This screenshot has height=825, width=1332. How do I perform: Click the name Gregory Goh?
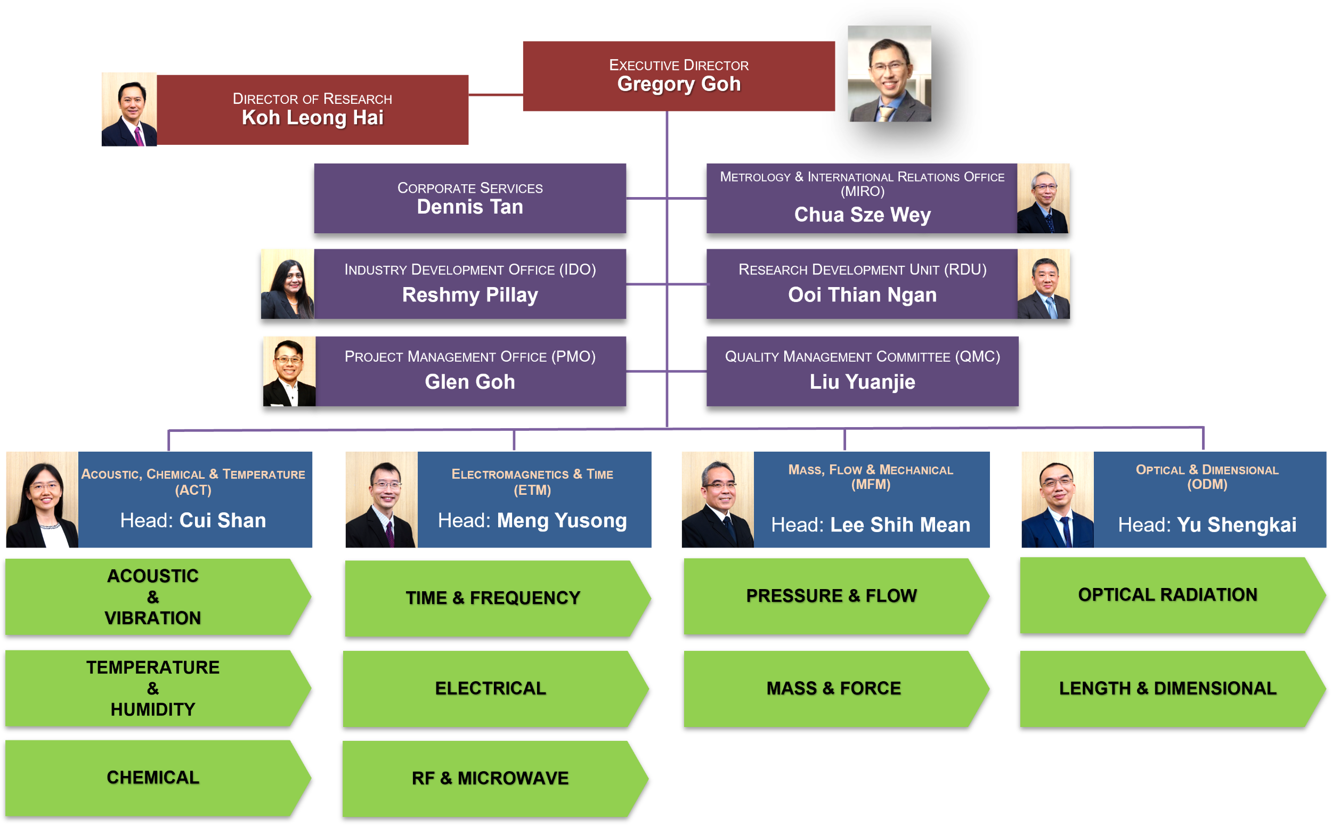(x=678, y=84)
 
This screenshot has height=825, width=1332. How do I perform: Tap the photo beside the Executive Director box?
(x=889, y=73)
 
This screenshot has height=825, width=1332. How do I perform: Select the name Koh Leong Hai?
(x=312, y=117)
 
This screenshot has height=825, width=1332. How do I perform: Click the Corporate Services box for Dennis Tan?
(x=470, y=198)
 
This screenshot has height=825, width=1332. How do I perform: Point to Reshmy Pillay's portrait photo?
(x=287, y=284)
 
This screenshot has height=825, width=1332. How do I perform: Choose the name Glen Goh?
(x=470, y=382)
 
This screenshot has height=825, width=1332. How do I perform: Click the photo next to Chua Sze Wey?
(x=1043, y=198)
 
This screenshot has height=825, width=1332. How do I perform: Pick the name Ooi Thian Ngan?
(x=862, y=295)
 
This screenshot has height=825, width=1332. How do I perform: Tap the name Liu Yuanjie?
(x=862, y=382)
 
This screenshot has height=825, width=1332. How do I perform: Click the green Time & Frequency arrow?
(x=492, y=598)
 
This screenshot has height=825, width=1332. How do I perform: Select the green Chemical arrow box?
(x=153, y=778)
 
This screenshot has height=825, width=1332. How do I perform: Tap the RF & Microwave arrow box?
(x=490, y=778)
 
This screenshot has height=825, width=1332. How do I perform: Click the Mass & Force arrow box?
(x=833, y=689)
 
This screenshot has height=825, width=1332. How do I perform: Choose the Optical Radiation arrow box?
(x=1167, y=595)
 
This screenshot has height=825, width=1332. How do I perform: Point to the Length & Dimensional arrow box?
(x=1167, y=689)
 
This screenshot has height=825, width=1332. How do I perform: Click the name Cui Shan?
(x=223, y=520)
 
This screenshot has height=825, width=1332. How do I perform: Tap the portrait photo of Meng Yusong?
(x=381, y=499)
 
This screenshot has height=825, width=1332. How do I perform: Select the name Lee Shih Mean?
(x=900, y=525)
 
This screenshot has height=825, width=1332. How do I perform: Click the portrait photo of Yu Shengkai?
(x=1057, y=499)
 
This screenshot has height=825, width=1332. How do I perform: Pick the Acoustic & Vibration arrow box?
(x=153, y=597)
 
